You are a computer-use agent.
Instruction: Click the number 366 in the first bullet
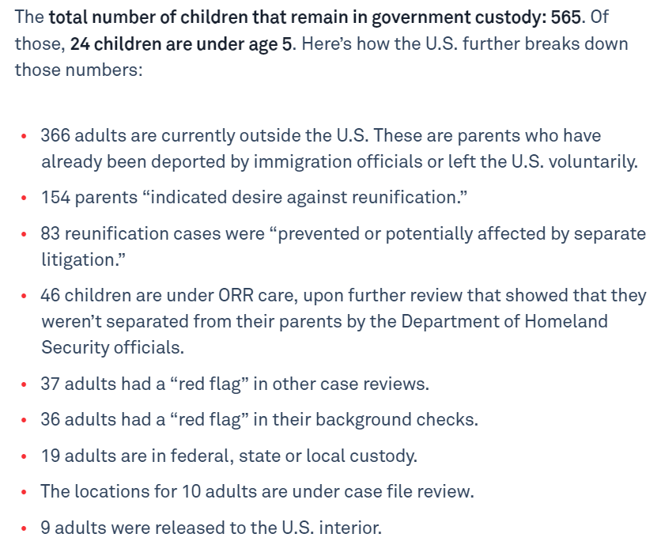click(x=57, y=135)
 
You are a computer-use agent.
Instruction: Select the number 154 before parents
click(x=57, y=198)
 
